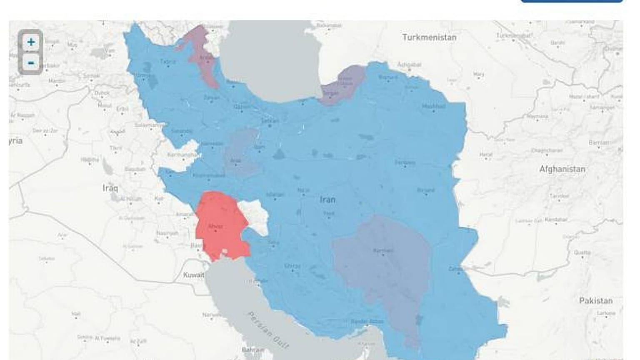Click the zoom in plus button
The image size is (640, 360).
click(x=30, y=42)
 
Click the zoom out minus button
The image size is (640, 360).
click(x=30, y=63)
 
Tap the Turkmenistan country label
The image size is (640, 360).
click(x=429, y=37)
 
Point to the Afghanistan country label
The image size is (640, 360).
click(x=562, y=169)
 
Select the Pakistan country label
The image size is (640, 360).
click(x=595, y=301)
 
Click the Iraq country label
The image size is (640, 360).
click(x=110, y=188)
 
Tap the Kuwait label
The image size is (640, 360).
click(x=194, y=275)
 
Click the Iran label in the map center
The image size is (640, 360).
click(x=327, y=200)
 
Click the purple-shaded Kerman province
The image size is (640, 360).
click(x=383, y=267)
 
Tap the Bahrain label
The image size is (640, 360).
click(x=253, y=350)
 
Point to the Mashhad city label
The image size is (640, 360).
click(x=433, y=106)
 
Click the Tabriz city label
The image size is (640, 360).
click(x=168, y=62)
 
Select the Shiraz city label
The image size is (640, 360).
click(x=292, y=266)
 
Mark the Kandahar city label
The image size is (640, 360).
click(x=556, y=219)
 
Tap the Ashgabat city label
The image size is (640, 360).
click(x=409, y=65)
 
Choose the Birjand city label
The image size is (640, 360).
click(x=425, y=190)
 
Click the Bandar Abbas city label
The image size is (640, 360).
click(x=367, y=321)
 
